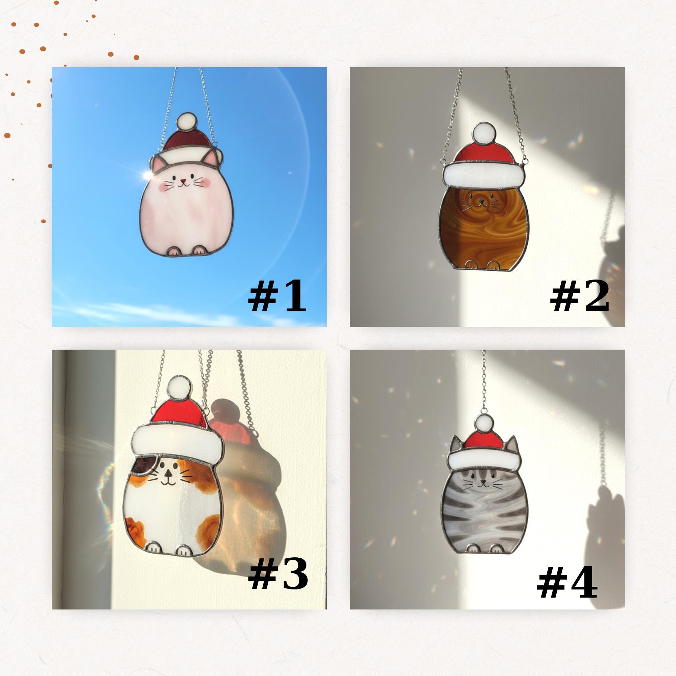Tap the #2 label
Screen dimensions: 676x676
pyautogui.click(x=580, y=297)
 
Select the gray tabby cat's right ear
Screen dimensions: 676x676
pyautogui.click(x=511, y=445)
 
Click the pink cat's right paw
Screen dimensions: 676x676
pyautogui.click(x=199, y=250)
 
